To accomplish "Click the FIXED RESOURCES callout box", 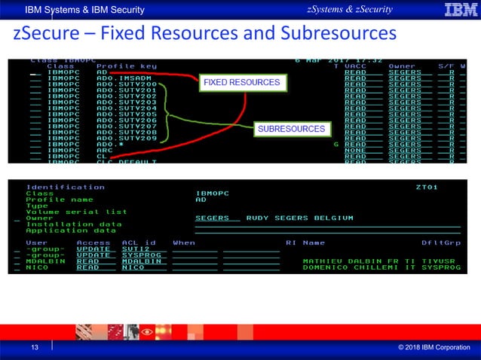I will pyautogui.click(x=240, y=82).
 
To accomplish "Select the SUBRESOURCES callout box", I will pyautogui.click(x=291, y=130).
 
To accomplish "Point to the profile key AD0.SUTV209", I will pyautogui.click(x=127, y=138).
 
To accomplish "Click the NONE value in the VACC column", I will pyautogui.click(x=355, y=150).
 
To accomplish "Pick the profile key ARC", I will pyautogui.click(x=105, y=150).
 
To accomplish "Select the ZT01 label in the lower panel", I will pyautogui.click(x=426, y=187).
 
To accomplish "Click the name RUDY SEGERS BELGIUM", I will pyautogui.click(x=300, y=218).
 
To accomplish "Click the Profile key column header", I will pyautogui.click(x=127, y=66).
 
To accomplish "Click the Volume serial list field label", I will pyautogui.click(x=76, y=212).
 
